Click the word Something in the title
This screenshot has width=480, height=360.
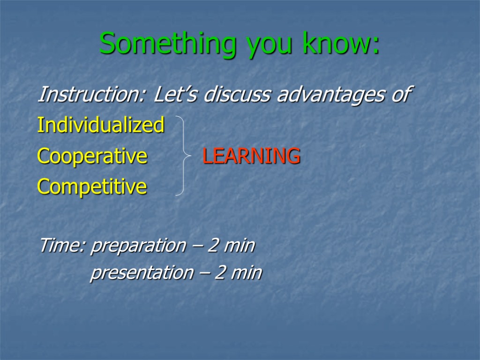pyautogui.click(x=168, y=44)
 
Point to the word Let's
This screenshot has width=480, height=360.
pyautogui.click(x=175, y=94)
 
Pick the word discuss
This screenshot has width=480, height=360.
pyautogui.click(x=237, y=94)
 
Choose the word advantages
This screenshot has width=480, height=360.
pyautogui.click(x=330, y=95)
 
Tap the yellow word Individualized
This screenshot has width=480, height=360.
pyautogui.click(x=101, y=125)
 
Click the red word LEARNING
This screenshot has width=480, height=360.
pyautogui.click(x=251, y=156)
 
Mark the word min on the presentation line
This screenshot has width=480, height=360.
pyautogui.click(x=247, y=272)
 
